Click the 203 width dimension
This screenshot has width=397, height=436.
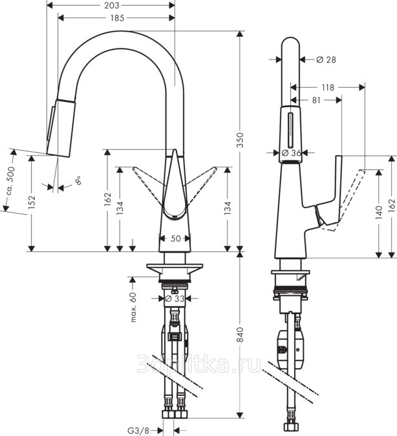pos(111,5)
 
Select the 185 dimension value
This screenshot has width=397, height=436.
pos(117,18)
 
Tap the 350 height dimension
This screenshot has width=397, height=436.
pos(240,140)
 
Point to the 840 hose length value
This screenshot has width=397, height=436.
pos(240,335)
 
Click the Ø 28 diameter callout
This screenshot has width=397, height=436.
pos(326,59)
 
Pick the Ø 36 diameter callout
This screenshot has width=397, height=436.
pos(291,152)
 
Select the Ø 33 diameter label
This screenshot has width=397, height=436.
pos(175,298)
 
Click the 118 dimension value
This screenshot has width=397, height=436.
pos(328,88)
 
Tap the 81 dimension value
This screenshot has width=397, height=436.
pos(316,100)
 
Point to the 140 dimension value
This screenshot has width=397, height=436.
pos(379,213)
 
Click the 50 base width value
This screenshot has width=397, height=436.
pos(175,238)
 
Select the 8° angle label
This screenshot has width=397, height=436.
pos(78,181)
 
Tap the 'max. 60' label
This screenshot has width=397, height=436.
pos(133,307)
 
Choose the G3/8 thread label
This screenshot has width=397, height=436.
pos(138,431)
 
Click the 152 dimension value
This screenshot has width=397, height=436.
pos(32,202)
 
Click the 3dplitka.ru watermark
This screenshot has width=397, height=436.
pos(198,364)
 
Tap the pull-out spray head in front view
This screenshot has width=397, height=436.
pos(61,127)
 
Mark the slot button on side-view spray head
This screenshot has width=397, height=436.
pos(291,130)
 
